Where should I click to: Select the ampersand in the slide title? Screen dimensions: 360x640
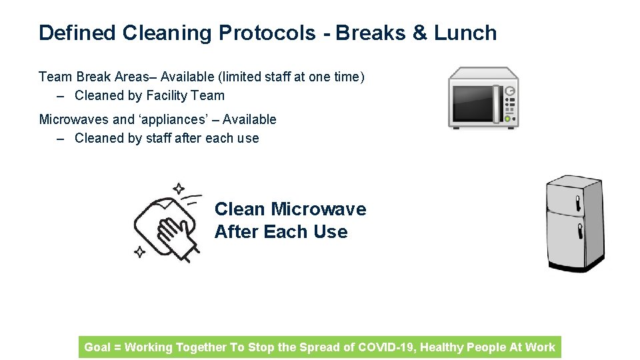(x=420, y=33)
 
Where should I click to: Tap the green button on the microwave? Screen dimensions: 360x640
(x=508, y=119)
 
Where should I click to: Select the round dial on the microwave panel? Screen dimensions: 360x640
(x=510, y=91)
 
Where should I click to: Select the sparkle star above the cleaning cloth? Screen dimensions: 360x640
(x=179, y=189)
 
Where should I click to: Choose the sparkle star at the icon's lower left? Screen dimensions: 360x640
(x=140, y=252)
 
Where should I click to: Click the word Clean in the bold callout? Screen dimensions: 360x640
(x=239, y=209)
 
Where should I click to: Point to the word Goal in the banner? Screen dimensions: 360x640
(x=97, y=347)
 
